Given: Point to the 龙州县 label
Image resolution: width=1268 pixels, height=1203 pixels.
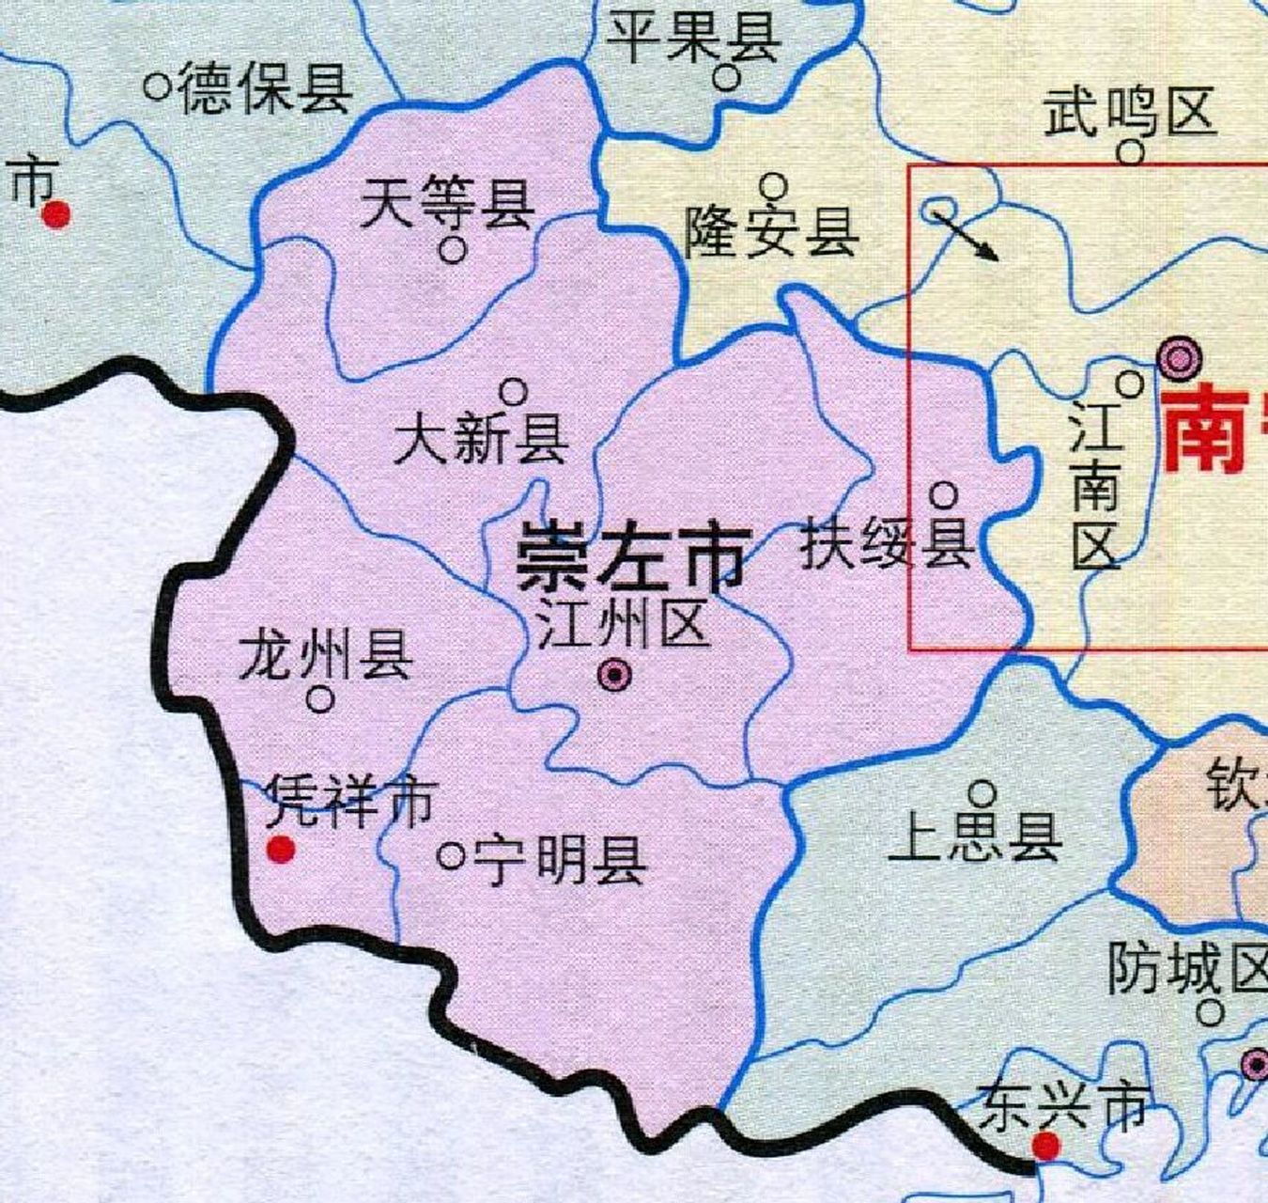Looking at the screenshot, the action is click(326, 654).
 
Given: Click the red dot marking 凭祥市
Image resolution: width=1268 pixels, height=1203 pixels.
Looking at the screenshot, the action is click(280, 850).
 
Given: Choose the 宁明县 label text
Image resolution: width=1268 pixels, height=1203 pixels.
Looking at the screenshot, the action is click(559, 859).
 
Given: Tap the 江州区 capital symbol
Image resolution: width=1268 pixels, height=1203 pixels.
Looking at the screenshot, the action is click(615, 674).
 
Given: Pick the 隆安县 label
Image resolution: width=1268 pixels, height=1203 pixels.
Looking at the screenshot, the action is click(771, 232).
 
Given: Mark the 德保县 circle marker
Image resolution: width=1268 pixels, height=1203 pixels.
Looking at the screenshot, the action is click(157, 87).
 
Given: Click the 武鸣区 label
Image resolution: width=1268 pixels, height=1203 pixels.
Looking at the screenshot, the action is click(1130, 112).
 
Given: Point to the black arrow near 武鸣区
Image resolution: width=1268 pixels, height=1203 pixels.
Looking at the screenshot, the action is click(967, 234).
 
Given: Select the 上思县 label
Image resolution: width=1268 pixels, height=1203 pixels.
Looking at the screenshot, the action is click(975, 837).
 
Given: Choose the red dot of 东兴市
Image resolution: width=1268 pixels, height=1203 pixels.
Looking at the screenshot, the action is click(1044, 1146).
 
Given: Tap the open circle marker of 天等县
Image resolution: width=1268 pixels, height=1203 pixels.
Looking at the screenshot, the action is click(453, 251).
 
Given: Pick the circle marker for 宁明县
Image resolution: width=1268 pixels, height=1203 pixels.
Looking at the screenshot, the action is click(451, 855).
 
